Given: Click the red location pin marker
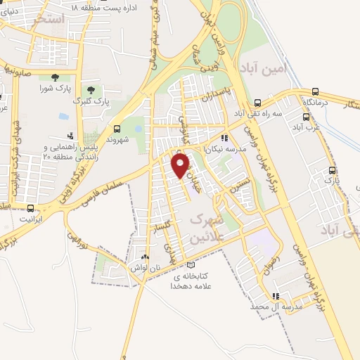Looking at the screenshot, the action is pyautogui.click(x=181, y=165).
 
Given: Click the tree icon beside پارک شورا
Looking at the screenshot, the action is pyautogui.click(x=55, y=77).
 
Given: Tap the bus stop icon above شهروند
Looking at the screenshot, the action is pyautogui.click(x=117, y=128).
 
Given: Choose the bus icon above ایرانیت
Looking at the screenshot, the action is pyautogui.click(x=30, y=208).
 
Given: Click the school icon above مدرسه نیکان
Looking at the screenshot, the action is pyautogui.click(x=224, y=139).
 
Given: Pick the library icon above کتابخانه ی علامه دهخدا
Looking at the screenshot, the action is pyautogui.click(x=192, y=264).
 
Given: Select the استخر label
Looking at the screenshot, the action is pyautogui.click(x=49, y=20).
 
